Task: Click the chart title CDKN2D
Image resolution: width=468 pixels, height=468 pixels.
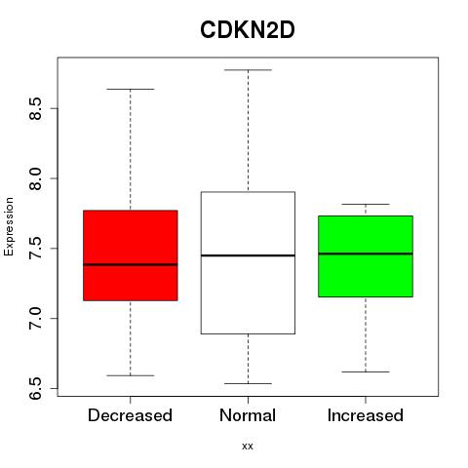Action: tap(248, 30)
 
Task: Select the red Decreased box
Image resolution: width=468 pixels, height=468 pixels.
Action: tap(131, 255)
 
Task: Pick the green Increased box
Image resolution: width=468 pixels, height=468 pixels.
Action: tap(366, 256)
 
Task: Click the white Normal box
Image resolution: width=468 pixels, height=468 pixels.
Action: tap(248, 262)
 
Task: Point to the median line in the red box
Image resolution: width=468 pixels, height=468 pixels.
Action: tap(131, 264)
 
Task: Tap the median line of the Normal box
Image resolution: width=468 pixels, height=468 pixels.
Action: tap(248, 255)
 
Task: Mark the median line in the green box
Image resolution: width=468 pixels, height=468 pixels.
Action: tap(366, 253)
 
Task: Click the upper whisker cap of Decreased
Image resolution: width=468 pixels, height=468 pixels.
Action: tap(131, 89)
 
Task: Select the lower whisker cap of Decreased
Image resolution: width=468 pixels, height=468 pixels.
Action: tap(131, 375)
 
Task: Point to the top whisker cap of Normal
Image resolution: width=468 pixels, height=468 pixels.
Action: tap(248, 70)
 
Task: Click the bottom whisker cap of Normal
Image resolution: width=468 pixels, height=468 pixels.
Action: tap(248, 383)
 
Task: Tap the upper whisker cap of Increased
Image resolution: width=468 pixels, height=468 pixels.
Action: tap(366, 204)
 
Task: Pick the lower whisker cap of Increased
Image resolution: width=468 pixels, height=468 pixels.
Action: tap(366, 371)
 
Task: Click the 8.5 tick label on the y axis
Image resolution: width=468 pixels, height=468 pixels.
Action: tap(35, 108)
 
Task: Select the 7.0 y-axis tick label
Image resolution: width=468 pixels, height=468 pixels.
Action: tap(35, 318)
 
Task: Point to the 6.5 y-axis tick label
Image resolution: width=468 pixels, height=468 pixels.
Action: tap(35, 388)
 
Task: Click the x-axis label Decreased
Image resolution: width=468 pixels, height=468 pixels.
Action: tap(130, 415)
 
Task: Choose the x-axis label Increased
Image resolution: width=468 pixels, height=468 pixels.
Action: tap(366, 415)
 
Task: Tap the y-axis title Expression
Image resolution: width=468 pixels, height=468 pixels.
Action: tap(9, 226)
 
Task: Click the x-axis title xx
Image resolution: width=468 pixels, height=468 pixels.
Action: tap(248, 447)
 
